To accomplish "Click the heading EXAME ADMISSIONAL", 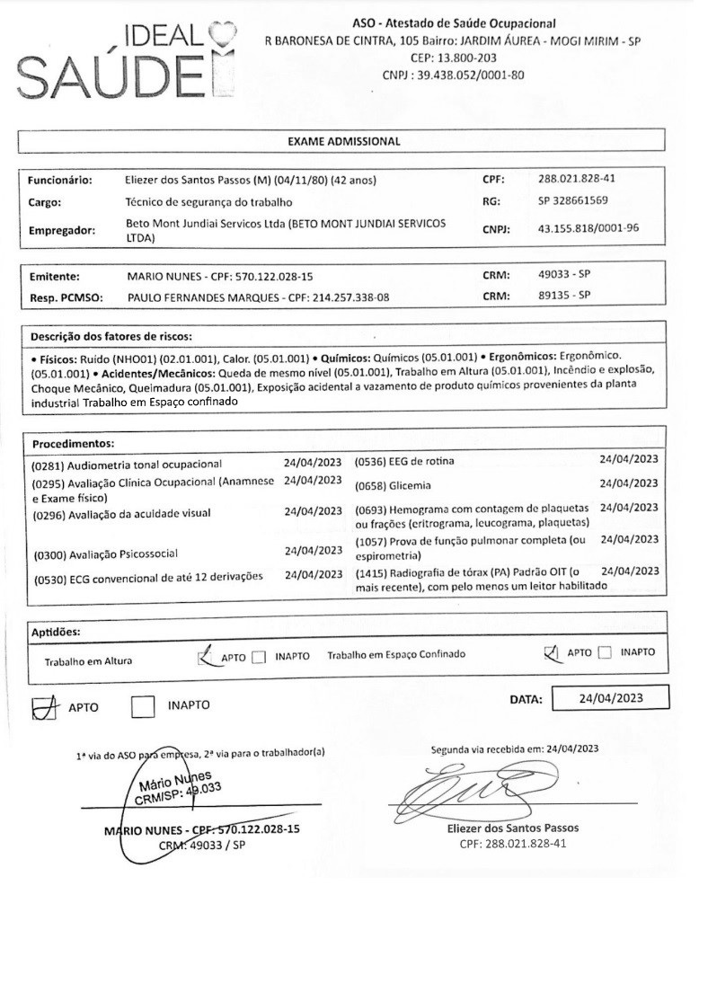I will click(x=343, y=141).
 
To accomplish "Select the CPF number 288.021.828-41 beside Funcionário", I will click(x=575, y=178).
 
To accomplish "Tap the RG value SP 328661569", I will click(x=573, y=201).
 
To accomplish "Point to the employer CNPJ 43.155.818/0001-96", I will click(x=589, y=227).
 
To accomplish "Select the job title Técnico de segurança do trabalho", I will click(x=208, y=202).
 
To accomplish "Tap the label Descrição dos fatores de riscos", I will click(x=111, y=337).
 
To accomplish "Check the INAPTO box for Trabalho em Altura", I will click(x=260, y=657).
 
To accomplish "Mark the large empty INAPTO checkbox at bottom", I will click(x=144, y=706).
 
